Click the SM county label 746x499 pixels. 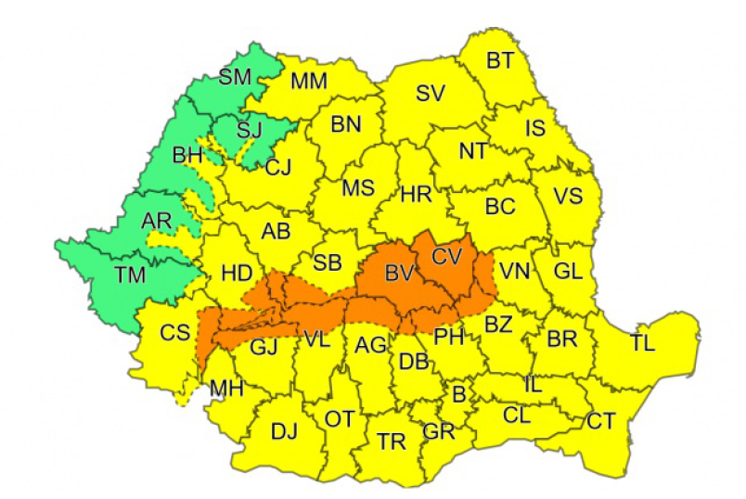(x=235, y=77)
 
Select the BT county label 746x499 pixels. (x=500, y=61)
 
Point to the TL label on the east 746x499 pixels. (x=642, y=343)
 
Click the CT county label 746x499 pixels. (x=600, y=421)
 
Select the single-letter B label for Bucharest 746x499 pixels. (x=457, y=393)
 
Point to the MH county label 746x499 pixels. (x=226, y=388)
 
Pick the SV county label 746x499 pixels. (x=430, y=93)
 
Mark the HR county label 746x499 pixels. (x=416, y=194)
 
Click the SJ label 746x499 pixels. (x=249, y=129)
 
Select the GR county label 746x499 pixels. (x=437, y=432)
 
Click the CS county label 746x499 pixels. (x=174, y=332)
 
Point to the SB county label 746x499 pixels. (x=327, y=262)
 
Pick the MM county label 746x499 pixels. (x=309, y=82)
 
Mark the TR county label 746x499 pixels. (x=391, y=441)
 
